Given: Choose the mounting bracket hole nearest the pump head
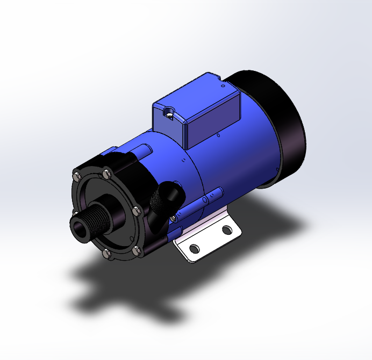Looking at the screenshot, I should tap(195, 249).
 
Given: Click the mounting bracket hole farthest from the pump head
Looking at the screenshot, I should tap(227, 230).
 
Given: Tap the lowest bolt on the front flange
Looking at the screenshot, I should tap(106, 254).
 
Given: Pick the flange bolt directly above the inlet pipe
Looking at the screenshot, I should tap(105, 174).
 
